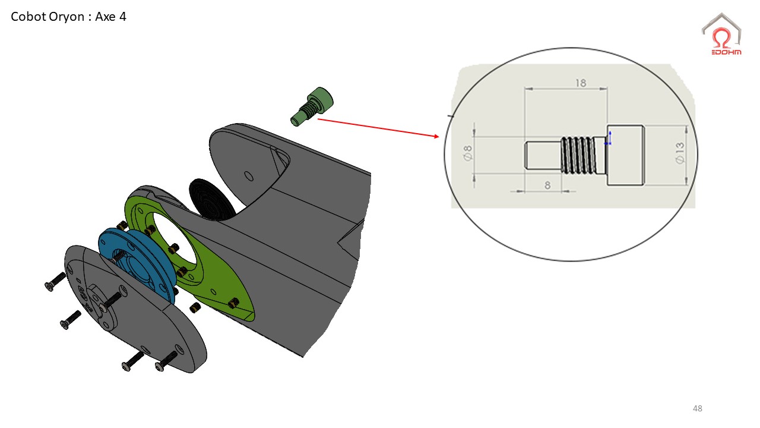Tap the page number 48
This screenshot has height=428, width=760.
[697, 408]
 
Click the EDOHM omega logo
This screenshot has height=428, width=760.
[721, 34]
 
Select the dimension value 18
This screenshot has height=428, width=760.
[581, 83]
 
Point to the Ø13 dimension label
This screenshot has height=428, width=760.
[680, 153]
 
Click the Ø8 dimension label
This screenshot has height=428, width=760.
[467, 153]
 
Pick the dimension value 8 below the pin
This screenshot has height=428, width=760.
[547, 185]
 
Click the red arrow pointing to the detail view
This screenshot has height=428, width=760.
[378, 128]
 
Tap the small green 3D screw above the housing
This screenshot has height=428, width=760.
[312, 106]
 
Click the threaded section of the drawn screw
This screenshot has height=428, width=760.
[578, 155]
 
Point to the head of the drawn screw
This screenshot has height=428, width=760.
[626, 155]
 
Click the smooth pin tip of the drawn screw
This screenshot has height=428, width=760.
[542, 155]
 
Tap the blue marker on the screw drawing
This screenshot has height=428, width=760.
[609, 139]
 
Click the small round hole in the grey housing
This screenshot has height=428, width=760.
[249, 177]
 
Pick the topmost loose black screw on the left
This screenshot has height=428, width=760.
[55, 282]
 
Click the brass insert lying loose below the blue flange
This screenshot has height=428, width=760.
[195, 307]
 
